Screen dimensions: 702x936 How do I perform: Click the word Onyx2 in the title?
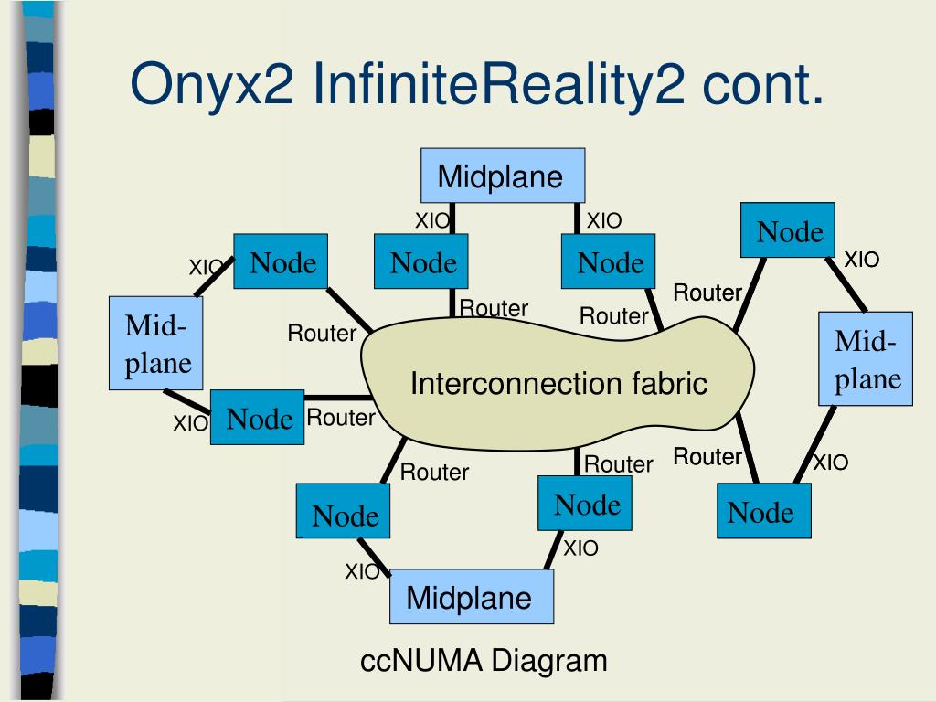pyautogui.click(x=211, y=84)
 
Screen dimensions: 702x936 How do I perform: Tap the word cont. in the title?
pyautogui.click(x=763, y=84)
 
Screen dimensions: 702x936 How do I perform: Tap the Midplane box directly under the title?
pyautogui.click(x=502, y=176)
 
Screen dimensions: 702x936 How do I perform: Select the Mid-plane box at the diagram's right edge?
pyautogui.click(x=865, y=358)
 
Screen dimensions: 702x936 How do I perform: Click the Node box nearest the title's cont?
pyautogui.click(x=788, y=230)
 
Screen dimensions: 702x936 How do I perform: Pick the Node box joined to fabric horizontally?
pyautogui.click(x=257, y=418)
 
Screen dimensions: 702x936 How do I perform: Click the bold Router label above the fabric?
pyautogui.click(x=707, y=292)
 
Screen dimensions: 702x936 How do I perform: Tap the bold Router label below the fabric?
pyautogui.click(x=707, y=456)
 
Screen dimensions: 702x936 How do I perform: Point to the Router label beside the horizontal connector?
pyautogui.click(x=341, y=418)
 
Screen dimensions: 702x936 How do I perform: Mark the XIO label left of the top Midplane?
pyautogui.click(x=432, y=220)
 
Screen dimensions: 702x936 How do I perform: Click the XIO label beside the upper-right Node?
pyautogui.click(x=861, y=260)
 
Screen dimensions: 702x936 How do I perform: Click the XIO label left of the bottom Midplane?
pyautogui.click(x=362, y=572)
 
